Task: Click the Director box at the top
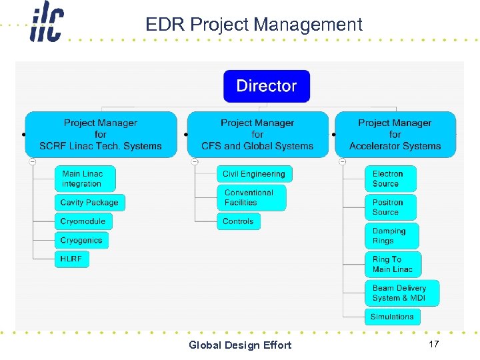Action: pyautogui.click(x=267, y=86)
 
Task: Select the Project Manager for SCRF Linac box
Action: pyautogui.click(x=101, y=135)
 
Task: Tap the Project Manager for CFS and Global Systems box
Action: pyautogui.click(x=257, y=135)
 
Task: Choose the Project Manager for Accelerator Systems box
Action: pyautogui.click(x=395, y=135)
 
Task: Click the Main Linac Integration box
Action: pyautogui.click(x=85, y=179)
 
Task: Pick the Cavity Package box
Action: pyautogui.click(x=89, y=203)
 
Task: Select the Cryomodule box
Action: pyautogui.click(x=83, y=221)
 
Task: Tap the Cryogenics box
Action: pyautogui.click(x=81, y=240)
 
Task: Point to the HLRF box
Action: pyautogui.click(x=71, y=259)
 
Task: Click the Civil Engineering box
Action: pyautogui.click(x=254, y=174)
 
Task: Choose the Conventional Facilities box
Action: pyautogui.click(x=251, y=198)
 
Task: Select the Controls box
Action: pyautogui.click(x=238, y=221)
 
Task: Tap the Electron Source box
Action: pyautogui.click(x=390, y=179)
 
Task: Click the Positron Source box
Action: pyautogui.click(x=390, y=207)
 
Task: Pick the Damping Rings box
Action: pyautogui.click(x=391, y=236)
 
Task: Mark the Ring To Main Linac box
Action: pyautogui.click(x=393, y=265)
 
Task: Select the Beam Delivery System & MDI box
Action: pyautogui.click(x=401, y=293)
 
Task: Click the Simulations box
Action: pyautogui.click(x=392, y=317)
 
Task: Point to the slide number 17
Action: pyautogui.click(x=433, y=345)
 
